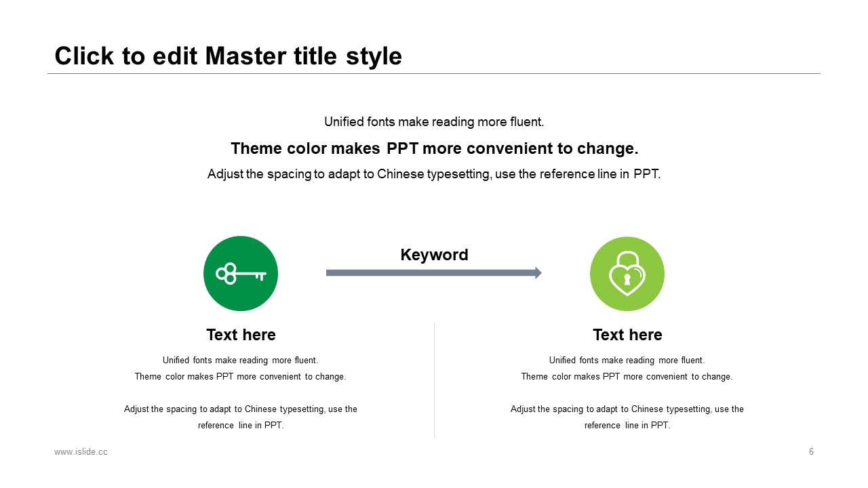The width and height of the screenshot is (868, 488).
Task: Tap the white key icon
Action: pyautogui.click(x=241, y=274)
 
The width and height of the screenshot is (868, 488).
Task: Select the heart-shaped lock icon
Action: pyautogui.click(x=627, y=273)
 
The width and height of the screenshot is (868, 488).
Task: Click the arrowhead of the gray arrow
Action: pyautogui.click(x=538, y=272)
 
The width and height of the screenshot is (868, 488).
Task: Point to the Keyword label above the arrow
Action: pyautogui.click(x=434, y=255)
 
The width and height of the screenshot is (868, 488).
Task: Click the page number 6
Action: pyautogui.click(x=811, y=451)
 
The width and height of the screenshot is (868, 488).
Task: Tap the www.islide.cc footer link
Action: pyautogui.click(x=81, y=452)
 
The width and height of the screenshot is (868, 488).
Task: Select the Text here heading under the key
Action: pyautogui.click(x=241, y=335)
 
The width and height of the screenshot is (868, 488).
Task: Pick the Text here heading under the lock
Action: pyautogui.click(x=627, y=335)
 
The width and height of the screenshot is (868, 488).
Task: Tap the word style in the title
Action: pyautogui.click(x=374, y=57)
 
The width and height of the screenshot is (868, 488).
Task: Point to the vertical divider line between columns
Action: pyautogui.click(x=435, y=380)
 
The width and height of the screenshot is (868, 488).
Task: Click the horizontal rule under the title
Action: pyautogui.click(x=434, y=73)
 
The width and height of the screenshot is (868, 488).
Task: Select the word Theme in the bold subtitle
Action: pyautogui.click(x=256, y=148)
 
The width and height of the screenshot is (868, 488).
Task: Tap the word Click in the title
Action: pyautogui.click(x=84, y=56)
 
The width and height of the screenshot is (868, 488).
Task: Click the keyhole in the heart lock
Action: pyautogui.click(x=627, y=279)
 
